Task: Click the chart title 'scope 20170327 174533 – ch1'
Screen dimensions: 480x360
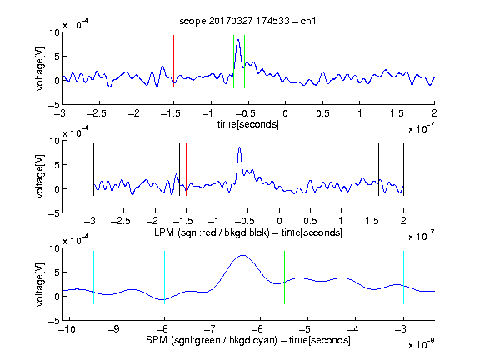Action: [x=247, y=21]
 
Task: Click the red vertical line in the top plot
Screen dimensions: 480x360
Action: [x=173, y=61]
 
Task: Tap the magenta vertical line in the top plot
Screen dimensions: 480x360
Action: [x=397, y=61]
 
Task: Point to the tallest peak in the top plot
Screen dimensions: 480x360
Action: [x=238, y=40]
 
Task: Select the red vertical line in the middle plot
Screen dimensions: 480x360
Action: [x=186, y=169]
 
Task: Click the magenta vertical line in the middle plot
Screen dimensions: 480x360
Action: [x=372, y=169]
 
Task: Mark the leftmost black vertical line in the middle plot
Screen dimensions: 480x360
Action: [x=93, y=169]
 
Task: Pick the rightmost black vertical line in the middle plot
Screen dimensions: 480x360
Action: [x=403, y=169]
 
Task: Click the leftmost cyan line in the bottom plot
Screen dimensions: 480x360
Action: [x=93, y=277]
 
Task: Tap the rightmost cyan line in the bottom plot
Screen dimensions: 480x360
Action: [x=403, y=277]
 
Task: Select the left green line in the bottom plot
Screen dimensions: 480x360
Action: [x=212, y=277]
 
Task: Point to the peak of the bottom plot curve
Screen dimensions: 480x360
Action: [x=242, y=255]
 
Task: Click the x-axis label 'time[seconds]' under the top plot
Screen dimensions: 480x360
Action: [x=248, y=124]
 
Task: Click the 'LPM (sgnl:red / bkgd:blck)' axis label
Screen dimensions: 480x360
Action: [x=212, y=232]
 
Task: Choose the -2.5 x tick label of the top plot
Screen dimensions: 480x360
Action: [x=97, y=113]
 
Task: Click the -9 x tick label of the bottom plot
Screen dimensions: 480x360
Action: [x=114, y=329]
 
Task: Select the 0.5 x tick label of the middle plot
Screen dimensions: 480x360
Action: [x=310, y=221]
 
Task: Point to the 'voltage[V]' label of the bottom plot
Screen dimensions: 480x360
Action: [x=40, y=284]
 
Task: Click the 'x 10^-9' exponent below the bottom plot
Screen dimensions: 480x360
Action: [x=422, y=344]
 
